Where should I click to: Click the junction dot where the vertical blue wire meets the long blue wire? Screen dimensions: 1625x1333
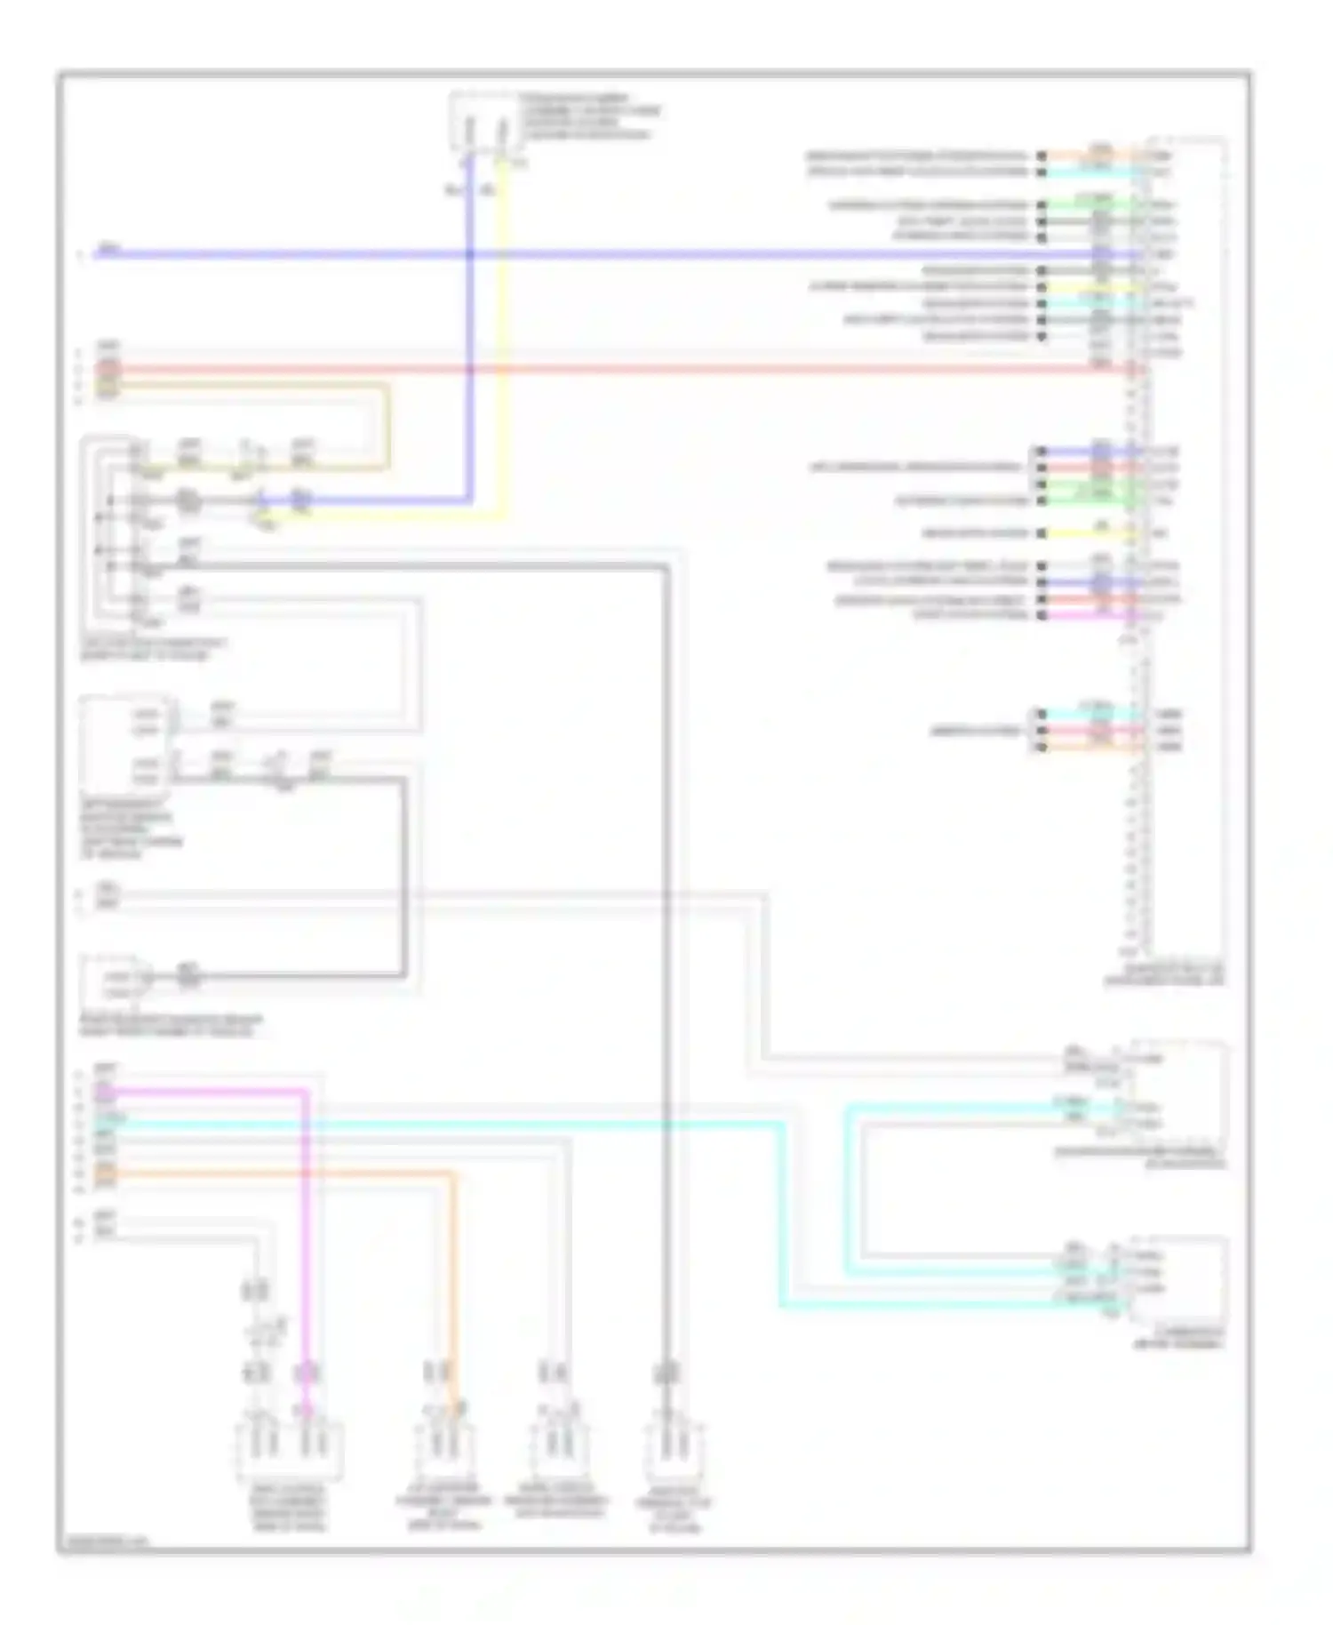tap(470, 254)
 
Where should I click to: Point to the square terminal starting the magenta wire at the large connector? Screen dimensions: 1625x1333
tap(1041, 615)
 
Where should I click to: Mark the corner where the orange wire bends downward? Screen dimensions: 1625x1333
tap(457, 1175)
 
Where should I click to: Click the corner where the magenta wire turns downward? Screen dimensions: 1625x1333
tap(305, 1091)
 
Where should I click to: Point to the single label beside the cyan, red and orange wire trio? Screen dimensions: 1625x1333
tap(976, 731)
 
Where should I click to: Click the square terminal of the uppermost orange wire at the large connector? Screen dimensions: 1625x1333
tap(1041, 156)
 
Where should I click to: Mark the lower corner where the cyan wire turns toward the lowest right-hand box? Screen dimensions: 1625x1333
tap(783, 1305)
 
